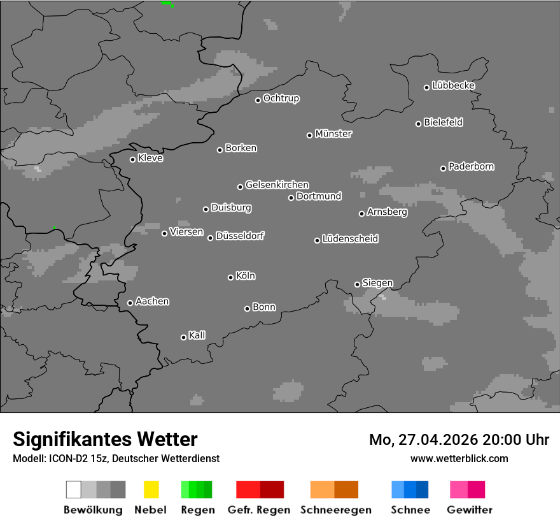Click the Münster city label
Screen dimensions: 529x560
coord(333,134)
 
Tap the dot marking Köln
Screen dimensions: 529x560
coord(230,277)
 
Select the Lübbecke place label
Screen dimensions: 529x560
coord(453,85)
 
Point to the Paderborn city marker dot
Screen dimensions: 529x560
coord(443,168)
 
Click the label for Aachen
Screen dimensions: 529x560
coord(152,301)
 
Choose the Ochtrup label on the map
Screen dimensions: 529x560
coord(281,98)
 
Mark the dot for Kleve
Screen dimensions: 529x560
coord(132,159)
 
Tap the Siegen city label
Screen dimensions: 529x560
coord(377,283)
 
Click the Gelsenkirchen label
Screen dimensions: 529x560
coord(277,185)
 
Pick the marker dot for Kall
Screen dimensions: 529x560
coord(183,337)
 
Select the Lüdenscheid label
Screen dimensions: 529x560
coord(350,239)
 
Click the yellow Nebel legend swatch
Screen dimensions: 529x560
coord(151,489)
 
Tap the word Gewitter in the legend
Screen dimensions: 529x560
coord(470,510)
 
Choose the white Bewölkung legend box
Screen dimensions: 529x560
coord(74,489)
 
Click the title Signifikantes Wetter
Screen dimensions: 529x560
coord(105,439)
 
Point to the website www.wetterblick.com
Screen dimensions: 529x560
coord(459,458)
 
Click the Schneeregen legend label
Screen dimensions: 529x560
coord(334,510)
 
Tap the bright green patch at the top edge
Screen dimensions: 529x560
coord(166,3)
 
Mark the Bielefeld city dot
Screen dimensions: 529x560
coord(418,124)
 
